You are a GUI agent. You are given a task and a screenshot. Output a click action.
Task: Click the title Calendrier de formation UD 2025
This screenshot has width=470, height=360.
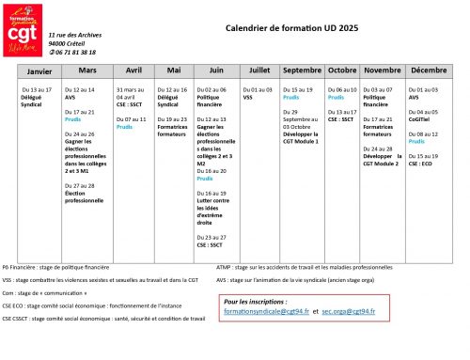pos(290,28)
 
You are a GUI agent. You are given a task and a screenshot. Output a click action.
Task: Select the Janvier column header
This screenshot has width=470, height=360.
pos(39,70)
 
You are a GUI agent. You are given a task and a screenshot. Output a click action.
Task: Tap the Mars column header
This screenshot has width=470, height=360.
pos(87,70)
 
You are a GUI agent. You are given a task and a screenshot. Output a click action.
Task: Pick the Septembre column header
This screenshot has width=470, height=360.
pos(302,70)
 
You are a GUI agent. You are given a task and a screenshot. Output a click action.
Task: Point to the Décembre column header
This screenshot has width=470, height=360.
pos(429,70)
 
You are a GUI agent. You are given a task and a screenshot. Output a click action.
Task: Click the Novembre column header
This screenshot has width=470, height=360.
pos(382,70)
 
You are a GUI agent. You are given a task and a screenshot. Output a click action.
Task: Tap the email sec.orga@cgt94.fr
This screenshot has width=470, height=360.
pos(348,310)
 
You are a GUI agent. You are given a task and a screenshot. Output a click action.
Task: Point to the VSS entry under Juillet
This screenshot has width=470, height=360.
pos(248,97)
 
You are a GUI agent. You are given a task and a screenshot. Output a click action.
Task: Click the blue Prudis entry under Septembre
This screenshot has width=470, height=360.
pos(290,97)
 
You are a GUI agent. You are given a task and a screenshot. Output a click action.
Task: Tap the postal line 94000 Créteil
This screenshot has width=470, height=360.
pos(67,43)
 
